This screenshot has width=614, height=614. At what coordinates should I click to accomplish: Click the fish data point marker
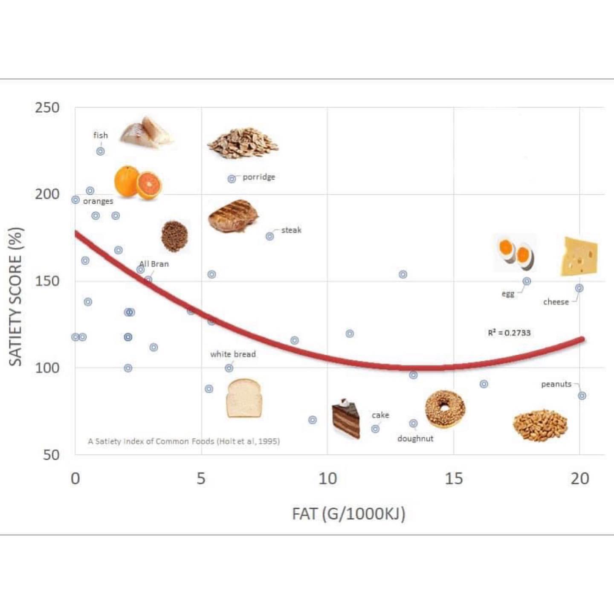click(100, 151)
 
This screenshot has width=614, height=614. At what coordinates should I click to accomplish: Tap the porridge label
click(259, 177)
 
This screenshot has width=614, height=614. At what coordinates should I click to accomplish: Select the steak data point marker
click(270, 236)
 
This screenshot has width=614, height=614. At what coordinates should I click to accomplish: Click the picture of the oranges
click(137, 182)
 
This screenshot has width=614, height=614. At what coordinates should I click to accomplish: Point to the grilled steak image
click(233, 216)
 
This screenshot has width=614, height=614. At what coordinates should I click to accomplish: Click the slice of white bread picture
click(243, 398)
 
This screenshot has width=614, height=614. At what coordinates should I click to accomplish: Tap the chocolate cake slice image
click(346, 419)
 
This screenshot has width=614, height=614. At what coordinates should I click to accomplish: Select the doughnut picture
click(445, 409)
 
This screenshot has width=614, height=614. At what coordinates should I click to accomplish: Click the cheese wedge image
click(579, 257)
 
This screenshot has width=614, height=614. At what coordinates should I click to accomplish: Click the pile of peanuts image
click(540, 425)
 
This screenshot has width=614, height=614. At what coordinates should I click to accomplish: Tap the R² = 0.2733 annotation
click(509, 333)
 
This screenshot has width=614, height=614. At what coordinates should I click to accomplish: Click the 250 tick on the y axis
click(47, 108)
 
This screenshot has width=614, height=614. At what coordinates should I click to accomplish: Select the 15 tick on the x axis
click(453, 479)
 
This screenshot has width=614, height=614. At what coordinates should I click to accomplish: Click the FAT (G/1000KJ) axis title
click(348, 514)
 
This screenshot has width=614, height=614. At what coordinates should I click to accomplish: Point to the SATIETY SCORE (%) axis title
click(16, 296)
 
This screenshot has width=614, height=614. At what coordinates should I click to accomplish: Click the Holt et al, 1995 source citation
click(184, 441)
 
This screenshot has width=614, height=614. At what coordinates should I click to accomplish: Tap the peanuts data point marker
click(582, 396)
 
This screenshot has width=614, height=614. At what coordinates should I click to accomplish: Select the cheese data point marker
click(579, 288)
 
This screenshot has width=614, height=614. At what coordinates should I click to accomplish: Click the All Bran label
click(154, 264)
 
